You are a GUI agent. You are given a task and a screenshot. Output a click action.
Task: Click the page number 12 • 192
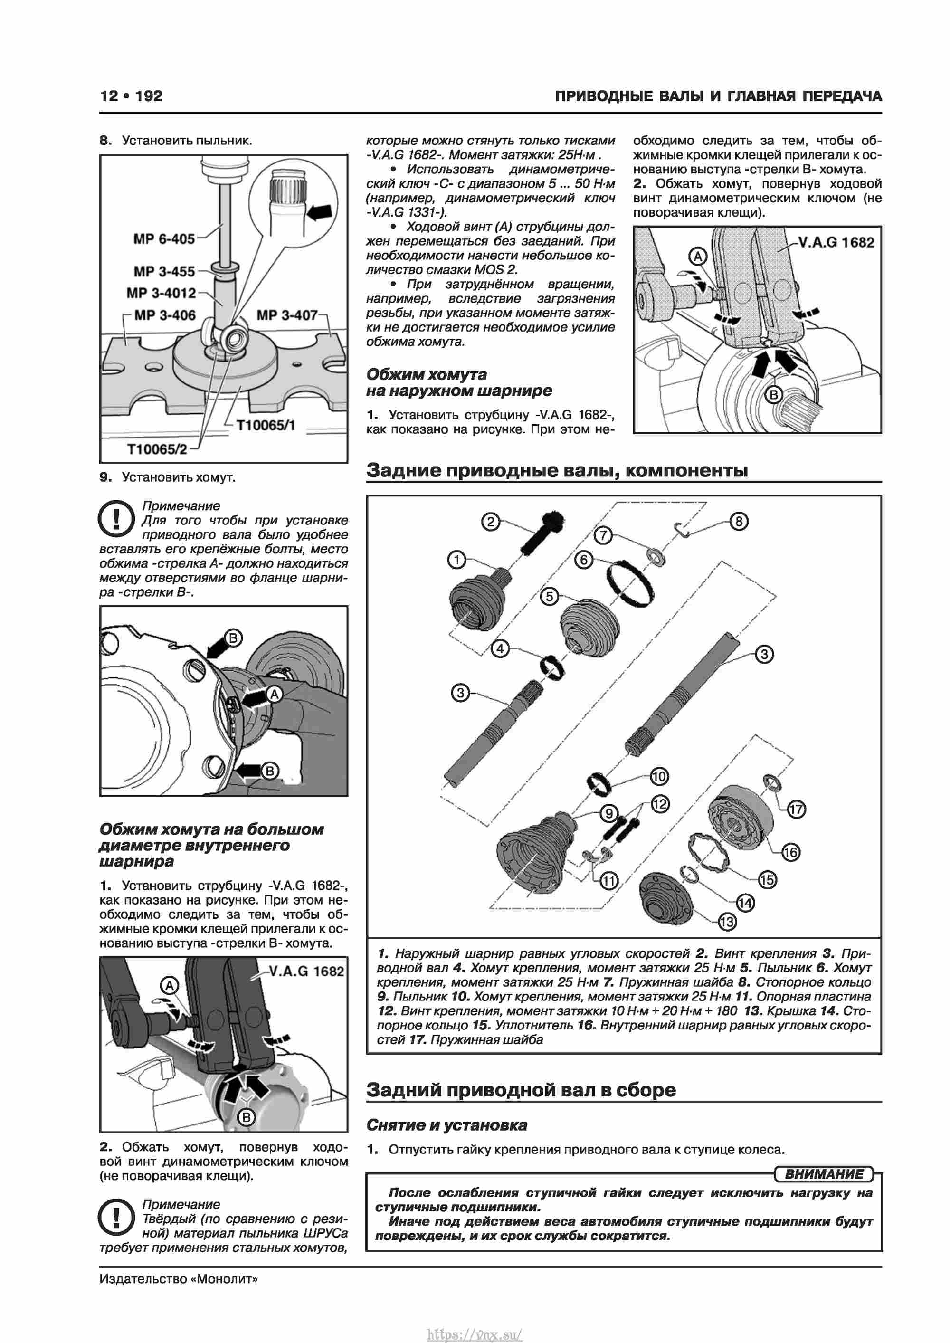click(x=131, y=96)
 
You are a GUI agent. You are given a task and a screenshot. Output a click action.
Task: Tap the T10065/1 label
click(x=266, y=425)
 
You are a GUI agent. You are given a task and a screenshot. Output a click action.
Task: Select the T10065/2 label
click(x=157, y=449)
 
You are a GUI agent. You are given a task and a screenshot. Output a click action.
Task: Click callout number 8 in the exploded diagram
click(x=739, y=521)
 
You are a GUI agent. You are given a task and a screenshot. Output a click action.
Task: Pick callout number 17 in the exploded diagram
click(x=796, y=810)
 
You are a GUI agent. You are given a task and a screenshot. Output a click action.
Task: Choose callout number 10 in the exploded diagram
click(x=659, y=776)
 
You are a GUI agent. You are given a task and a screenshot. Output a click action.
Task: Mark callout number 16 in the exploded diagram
click(x=790, y=852)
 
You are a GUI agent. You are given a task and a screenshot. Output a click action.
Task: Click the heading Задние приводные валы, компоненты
click(x=556, y=470)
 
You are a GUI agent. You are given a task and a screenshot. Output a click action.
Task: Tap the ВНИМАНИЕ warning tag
click(x=824, y=1174)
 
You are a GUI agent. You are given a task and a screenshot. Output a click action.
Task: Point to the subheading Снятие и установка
click(x=446, y=1125)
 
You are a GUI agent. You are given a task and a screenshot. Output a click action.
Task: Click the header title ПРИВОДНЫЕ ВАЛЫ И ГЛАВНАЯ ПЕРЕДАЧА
click(x=718, y=96)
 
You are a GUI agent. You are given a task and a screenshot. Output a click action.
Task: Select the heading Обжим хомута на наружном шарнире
click(x=459, y=382)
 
